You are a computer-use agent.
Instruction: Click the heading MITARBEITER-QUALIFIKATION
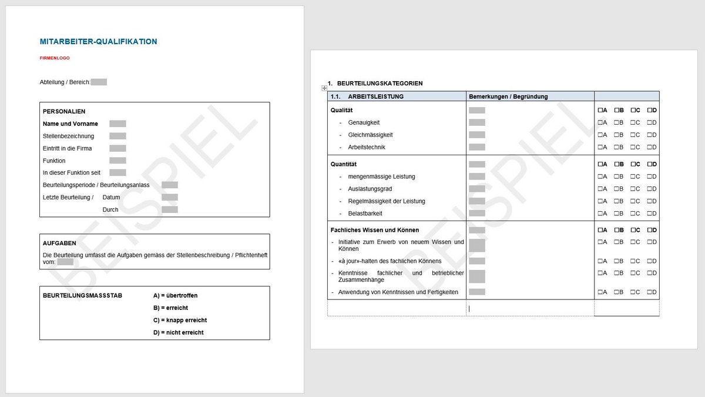99,42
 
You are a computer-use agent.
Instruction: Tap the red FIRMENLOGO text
55,58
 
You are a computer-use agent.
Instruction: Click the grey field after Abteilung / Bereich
99,82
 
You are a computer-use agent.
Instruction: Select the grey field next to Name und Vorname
117,124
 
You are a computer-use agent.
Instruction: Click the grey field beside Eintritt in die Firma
117,148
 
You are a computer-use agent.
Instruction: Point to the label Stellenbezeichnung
68,136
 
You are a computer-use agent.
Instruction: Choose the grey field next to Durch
170,209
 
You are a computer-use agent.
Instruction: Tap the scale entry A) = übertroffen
175,296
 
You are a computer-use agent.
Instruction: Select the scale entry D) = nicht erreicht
178,333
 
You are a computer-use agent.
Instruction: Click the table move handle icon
324,88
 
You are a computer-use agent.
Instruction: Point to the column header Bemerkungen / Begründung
508,96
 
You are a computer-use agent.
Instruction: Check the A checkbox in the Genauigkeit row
600,122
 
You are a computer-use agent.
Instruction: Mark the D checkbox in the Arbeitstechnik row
649,147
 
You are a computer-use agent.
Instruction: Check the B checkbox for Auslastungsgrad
616,189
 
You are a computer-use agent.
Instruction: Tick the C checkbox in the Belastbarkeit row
633,213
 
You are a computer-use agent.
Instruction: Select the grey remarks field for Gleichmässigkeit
477,135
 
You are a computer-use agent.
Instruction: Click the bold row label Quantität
344,164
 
